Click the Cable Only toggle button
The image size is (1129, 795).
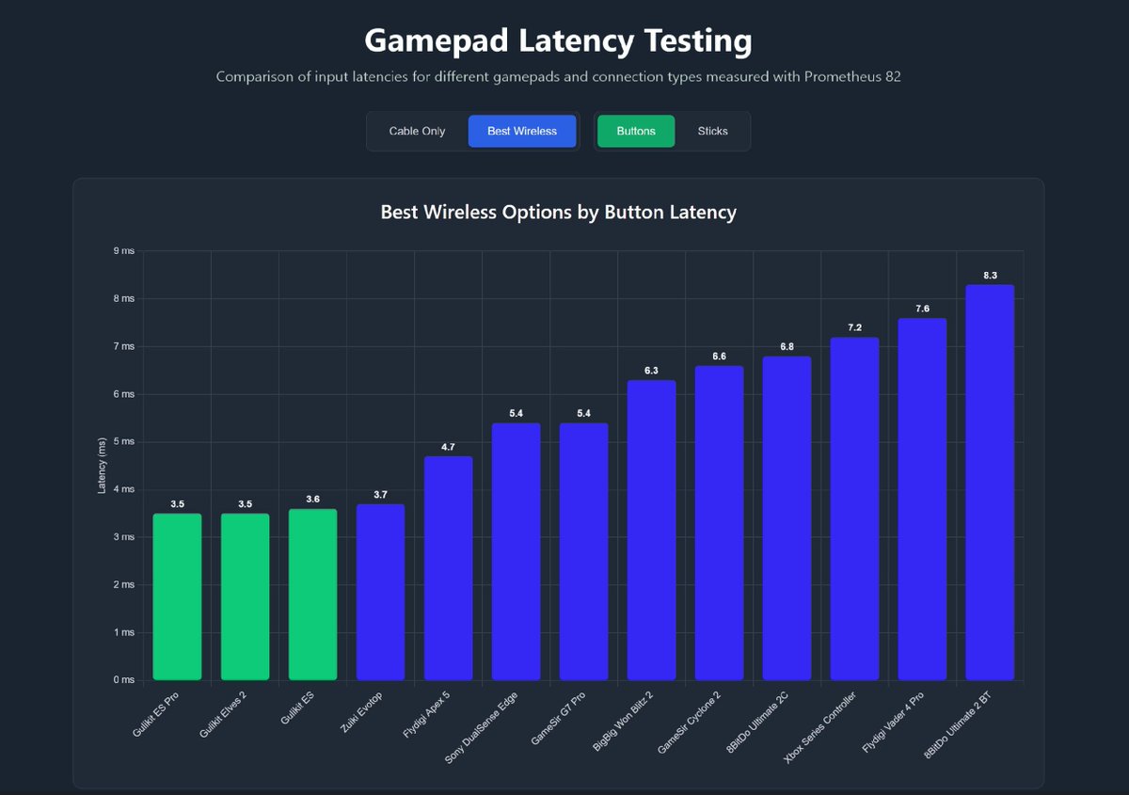pos(417,131)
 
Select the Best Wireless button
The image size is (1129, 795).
pos(521,131)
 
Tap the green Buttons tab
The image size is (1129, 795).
pos(636,131)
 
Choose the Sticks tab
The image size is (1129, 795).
pos(712,131)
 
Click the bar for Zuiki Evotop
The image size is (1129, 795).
pos(380,592)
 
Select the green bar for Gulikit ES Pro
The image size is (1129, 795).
pos(177,596)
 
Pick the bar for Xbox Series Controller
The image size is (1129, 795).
pos(854,508)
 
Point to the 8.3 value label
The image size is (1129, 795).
pos(990,275)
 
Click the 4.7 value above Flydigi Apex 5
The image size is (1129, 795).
pos(448,447)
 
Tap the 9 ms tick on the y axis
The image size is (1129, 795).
pos(122,250)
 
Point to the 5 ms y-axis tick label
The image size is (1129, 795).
pos(122,441)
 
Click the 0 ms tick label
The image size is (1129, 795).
pos(122,679)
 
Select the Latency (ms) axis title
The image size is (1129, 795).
pos(102,465)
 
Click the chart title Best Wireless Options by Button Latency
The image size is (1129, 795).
pos(558,212)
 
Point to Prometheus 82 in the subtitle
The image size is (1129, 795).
pos(852,76)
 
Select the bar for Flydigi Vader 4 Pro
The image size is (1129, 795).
pos(922,499)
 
